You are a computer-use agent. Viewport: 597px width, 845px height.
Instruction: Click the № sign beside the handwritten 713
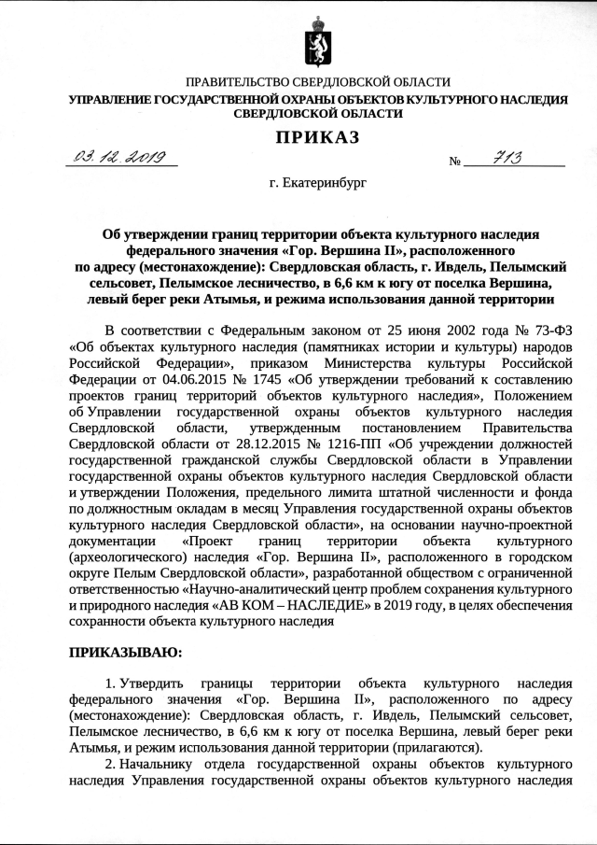pos(455,162)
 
